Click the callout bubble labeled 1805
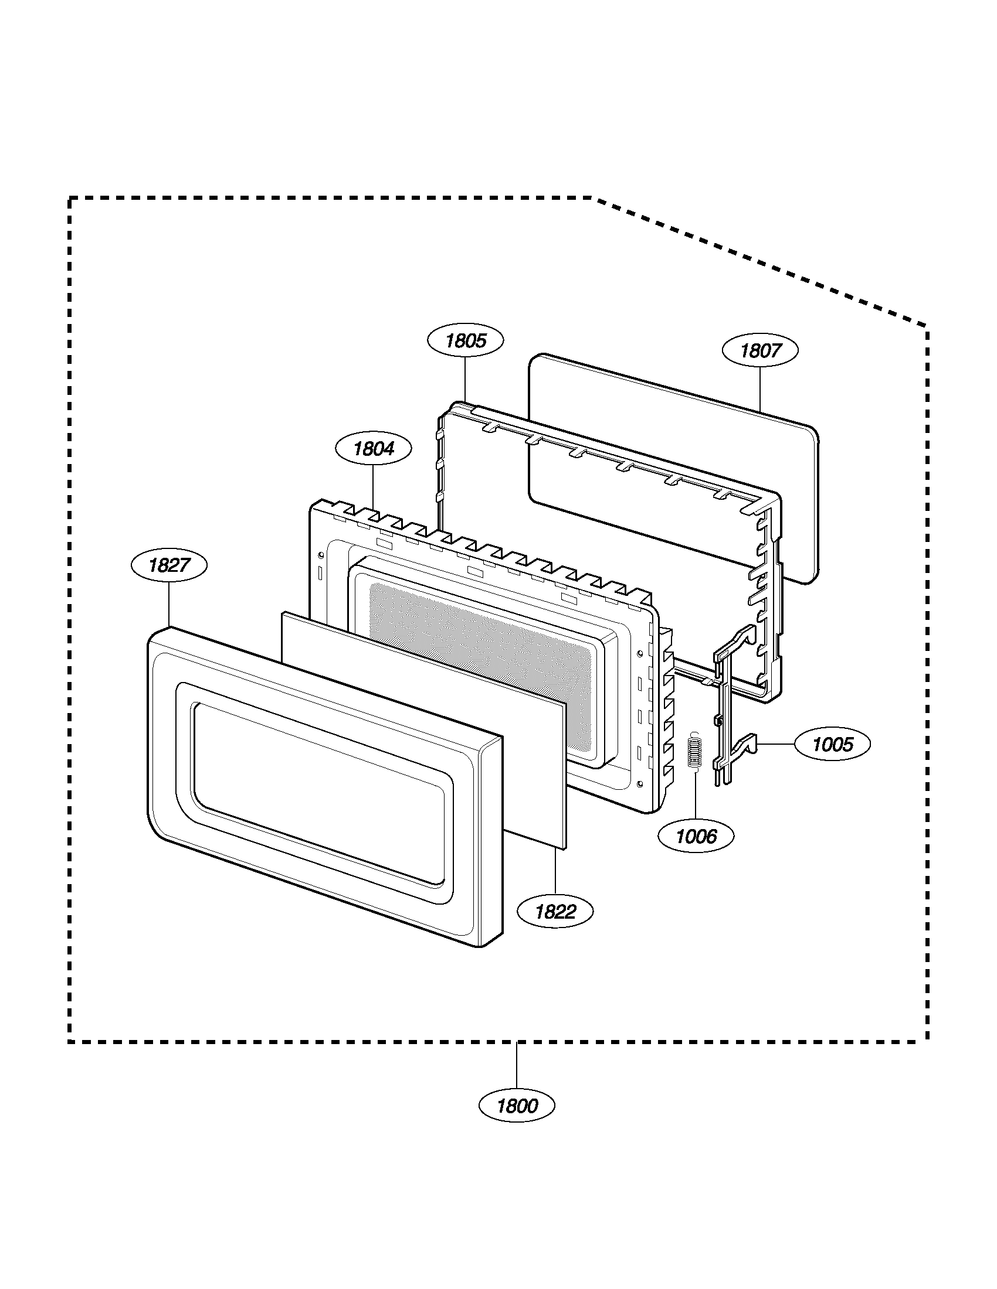tap(466, 340)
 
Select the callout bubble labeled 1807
tap(760, 350)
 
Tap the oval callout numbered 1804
tap(373, 449)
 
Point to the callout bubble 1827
tap(169, 565)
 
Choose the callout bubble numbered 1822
tap(555, 912)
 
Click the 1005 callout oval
tap(833, 745)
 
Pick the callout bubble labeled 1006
tap(696, 836)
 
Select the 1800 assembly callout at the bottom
tap(517, 1106)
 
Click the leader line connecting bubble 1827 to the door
tap(169, 605)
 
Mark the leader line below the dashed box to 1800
tap(517, 1066)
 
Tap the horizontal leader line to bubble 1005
tap(776, 745)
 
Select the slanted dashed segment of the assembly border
tap(762, 262)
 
